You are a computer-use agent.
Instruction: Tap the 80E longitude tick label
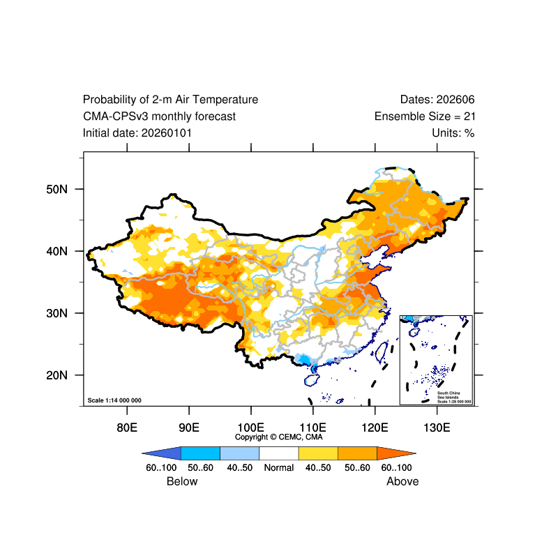[126, 427]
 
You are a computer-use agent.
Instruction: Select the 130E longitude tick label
[437, 427]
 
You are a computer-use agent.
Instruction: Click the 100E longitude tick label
[250, 427]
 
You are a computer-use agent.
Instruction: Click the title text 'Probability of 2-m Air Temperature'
[170, 100]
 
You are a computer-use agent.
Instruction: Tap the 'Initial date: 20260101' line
[137, 133]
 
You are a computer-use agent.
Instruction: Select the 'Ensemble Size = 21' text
[425, 116]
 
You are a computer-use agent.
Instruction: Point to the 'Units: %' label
[453, 133]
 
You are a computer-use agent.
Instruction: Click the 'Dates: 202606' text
[437, 100]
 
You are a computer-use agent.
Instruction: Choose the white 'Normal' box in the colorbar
[279, 453]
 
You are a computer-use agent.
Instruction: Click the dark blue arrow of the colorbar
[162, 453]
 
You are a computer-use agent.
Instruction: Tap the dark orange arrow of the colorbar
[396, 453]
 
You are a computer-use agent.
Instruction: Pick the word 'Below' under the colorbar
[182, 481]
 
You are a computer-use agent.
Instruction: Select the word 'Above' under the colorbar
[403, 481]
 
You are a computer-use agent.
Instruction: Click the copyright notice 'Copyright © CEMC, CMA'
[279, 437]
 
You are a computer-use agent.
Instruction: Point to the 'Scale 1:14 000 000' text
[114, 400]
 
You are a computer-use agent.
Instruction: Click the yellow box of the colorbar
[318, 453]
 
